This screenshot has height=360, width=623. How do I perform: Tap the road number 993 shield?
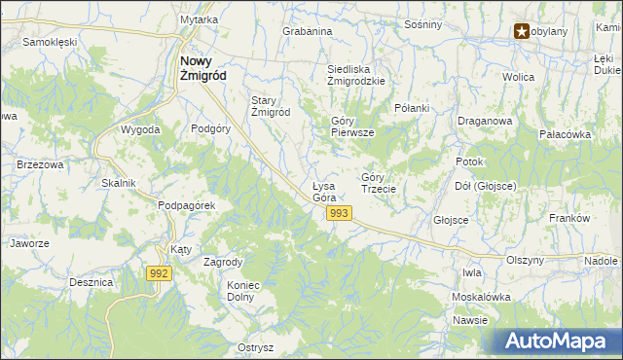click(339, 213)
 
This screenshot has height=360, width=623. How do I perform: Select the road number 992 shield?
click(161, 274)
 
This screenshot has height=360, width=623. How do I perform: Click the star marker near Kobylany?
click(522, 32)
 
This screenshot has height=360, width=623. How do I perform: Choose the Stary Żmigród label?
click(272, 106)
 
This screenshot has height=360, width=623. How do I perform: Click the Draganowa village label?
click(485, 121)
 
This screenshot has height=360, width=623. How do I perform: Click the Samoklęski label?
click(50, 43)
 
